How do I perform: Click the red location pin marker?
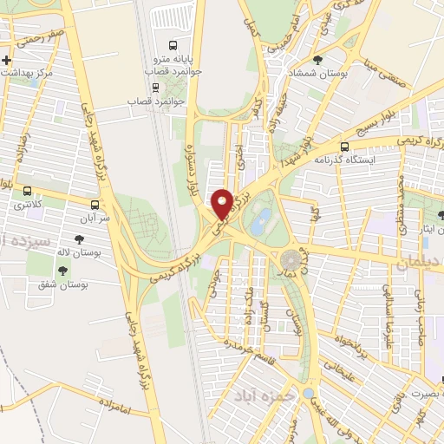222,205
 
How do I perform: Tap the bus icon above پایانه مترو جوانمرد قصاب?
173,45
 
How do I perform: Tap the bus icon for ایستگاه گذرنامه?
345,147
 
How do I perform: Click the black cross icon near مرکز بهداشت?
8,60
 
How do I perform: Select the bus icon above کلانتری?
28,191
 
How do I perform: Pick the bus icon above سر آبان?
94,206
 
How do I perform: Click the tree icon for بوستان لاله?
80,238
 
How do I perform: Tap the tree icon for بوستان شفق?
62,271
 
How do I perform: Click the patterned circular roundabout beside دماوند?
291,259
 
